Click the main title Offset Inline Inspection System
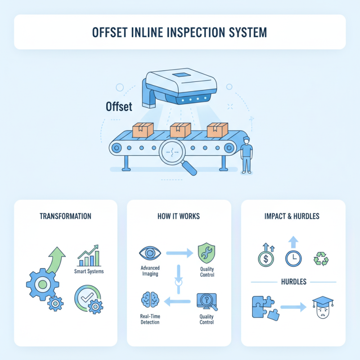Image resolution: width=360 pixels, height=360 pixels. (180, 32)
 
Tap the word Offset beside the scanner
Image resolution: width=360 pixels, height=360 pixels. (118, 107)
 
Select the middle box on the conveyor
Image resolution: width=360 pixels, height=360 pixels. (180, 130)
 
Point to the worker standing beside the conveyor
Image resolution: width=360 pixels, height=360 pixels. (246, 155)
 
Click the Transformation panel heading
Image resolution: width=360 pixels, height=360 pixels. (65, 216)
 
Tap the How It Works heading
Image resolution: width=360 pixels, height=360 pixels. (179, 216)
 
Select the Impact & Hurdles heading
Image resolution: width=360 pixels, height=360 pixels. (292, 216)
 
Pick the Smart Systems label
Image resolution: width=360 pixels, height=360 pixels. (89, 271)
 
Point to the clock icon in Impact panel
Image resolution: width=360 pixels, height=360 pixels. (293, 258)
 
